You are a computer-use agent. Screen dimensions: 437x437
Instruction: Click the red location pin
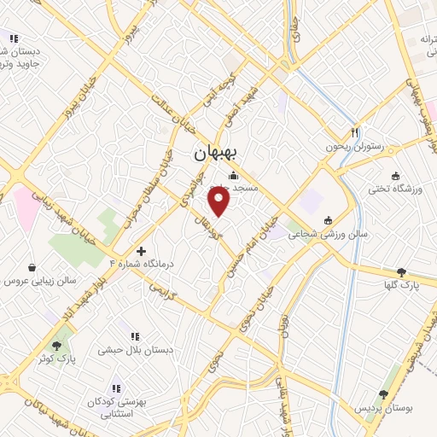[219, 201]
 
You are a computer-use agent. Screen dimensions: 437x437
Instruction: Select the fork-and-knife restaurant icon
[355, 132]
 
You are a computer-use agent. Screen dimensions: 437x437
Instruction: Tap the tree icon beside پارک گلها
[402, 271]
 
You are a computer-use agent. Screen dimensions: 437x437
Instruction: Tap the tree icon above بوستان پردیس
[382, 393]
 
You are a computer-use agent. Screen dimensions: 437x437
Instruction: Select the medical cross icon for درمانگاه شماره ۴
[142, 251]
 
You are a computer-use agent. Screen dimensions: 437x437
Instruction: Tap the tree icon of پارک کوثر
[57, 346]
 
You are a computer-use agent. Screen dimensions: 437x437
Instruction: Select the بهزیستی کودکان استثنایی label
[114, 407]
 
